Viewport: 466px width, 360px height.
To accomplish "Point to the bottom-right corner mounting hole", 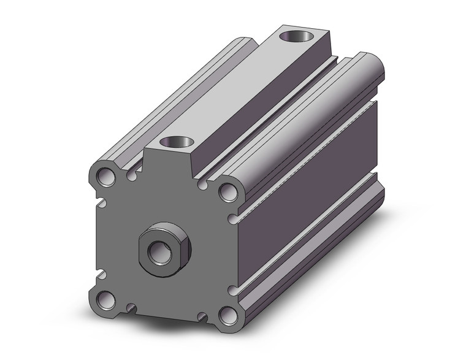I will (228, 316).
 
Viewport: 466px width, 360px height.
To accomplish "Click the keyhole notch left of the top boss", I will (132, 177).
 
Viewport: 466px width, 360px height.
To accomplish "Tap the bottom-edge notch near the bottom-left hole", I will (130, 306).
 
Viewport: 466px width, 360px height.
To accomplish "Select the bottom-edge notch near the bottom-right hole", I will (202, 316).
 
